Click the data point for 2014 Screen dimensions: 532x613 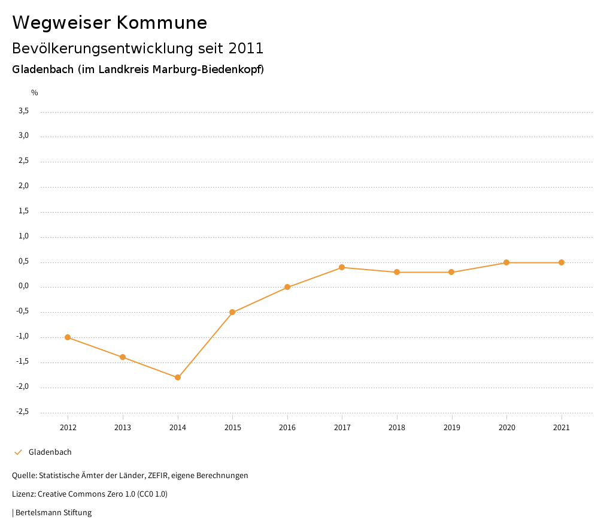point(178,377)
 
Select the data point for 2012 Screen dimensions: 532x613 point(68,337)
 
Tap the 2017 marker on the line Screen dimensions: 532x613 point(342,267)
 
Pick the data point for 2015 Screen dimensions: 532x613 point(232,312)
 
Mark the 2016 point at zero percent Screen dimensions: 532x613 point(287,287)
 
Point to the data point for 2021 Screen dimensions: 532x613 point(562,262)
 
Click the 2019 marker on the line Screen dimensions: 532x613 point(451,272)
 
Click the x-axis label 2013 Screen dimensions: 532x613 point(123,428)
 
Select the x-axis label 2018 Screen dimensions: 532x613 point(397,428)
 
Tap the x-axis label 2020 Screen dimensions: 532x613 point(506,428)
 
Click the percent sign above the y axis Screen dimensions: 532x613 point(35,93)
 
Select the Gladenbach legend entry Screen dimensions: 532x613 point(50,452)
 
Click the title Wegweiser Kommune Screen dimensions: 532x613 point(110,23)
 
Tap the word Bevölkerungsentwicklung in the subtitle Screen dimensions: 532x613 point(102,48)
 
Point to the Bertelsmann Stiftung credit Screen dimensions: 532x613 point(53,513)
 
